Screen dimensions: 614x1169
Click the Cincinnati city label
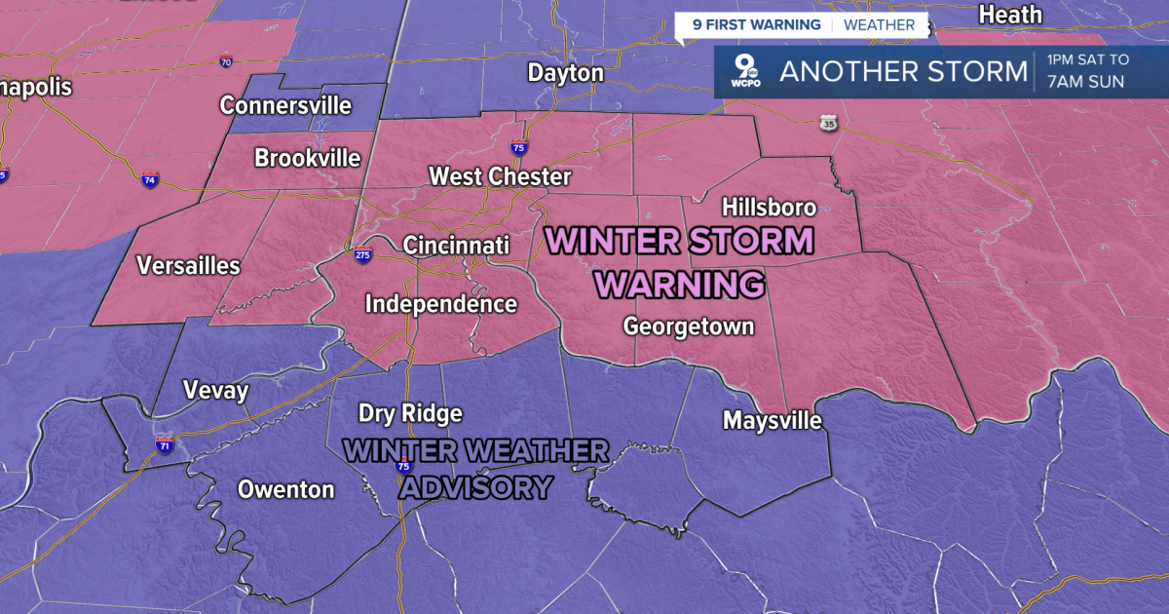point(456,246)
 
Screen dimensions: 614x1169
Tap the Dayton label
point(565,73)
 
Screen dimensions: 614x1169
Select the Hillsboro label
point(769,208)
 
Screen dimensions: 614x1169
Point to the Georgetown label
point(689,326)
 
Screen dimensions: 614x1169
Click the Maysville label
point(773,421)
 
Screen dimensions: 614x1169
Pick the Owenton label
point(286,490)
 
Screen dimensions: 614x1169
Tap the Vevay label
point(216,392)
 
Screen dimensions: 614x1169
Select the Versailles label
point(188,265)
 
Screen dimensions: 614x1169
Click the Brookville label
point(307,158)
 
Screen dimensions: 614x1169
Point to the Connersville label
point(285,105)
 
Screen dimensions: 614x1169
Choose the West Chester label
point(500,177)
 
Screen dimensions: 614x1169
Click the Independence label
point(440,304)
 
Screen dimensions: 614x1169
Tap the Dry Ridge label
point(410,413)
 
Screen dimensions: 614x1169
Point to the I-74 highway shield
point(149,181)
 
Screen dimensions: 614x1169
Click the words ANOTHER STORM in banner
point(903,72)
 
